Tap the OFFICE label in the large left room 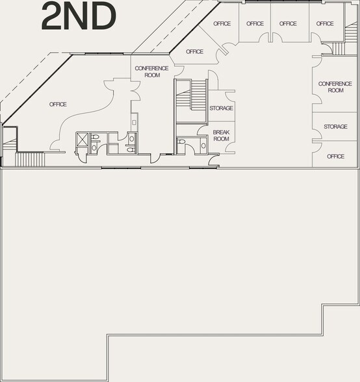(x=58, y=104)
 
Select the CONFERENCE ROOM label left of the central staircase (x=151, y=71)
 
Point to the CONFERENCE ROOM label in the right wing (x=335, y=87)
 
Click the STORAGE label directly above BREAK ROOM (x=221, y=108)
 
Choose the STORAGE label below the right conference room (x=335, y=127)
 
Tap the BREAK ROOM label (x=222, y=135)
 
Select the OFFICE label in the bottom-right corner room (x=335, y=157)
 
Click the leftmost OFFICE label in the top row (x=222, y=24)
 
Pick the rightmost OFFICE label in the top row (x=325, y=24)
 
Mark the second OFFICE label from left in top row (x=255, y=24)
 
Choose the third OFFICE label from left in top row (x=288, y=24)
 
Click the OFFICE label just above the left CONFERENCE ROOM (x=194, y=51)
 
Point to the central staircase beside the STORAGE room (x=198, y=97)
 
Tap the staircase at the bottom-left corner (x=27, y=159)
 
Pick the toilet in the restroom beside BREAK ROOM (x=183, y=144)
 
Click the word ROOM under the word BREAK (x=222, y=139)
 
